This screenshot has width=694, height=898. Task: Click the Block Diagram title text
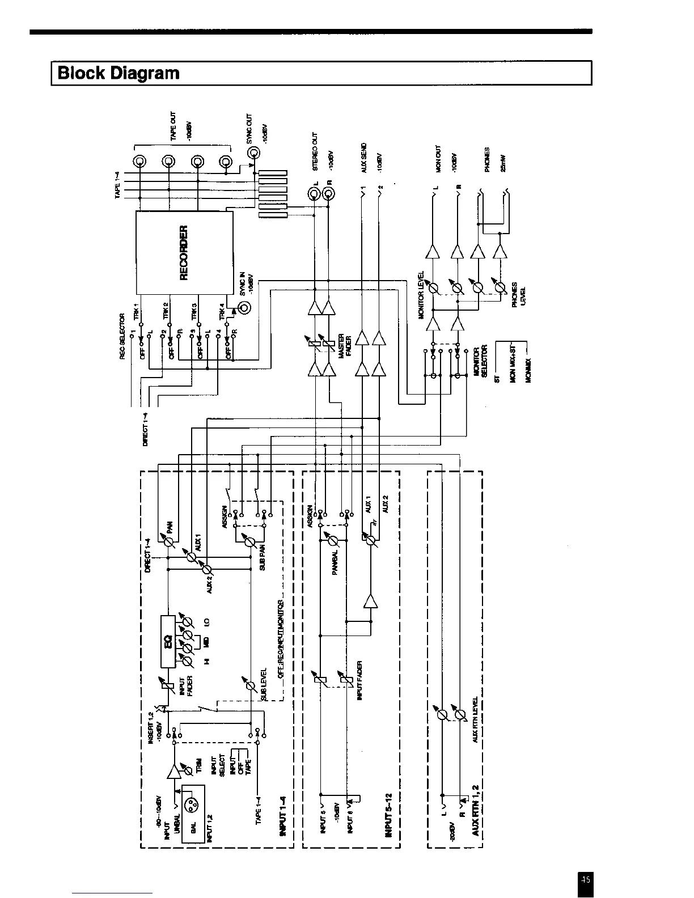119,73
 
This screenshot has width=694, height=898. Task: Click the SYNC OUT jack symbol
253,153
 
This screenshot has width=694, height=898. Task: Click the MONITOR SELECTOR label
481,362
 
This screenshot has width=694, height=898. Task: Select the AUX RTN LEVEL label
475,719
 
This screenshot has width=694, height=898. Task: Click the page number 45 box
586,879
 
